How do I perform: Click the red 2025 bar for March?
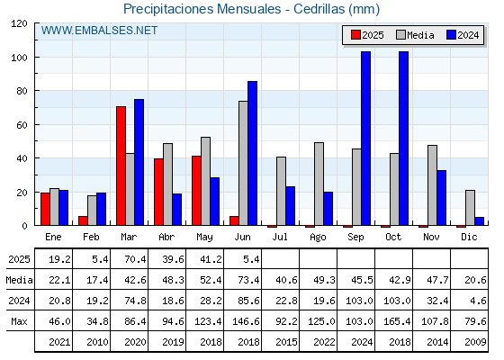tap(121, 166)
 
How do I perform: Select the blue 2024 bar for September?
tap(365, 139)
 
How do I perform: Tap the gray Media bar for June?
tap(243, 163)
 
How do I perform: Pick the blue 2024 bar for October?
tap(404, 139)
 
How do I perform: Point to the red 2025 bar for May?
tap(196, 191)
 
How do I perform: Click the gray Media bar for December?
tap(470, 208)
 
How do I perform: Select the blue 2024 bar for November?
tap(442, 198)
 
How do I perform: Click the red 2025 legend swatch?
tap(355, 35)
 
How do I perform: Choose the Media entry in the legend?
tap(415, 35)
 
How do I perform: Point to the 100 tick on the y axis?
tap(35, 58)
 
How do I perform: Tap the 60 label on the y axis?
tap(22, 125)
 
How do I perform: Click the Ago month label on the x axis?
tap(318, 238)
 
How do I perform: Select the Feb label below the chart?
tap(91, 237)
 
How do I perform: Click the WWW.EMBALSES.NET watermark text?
tap(99, 31)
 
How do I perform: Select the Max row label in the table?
tap(19, 321)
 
